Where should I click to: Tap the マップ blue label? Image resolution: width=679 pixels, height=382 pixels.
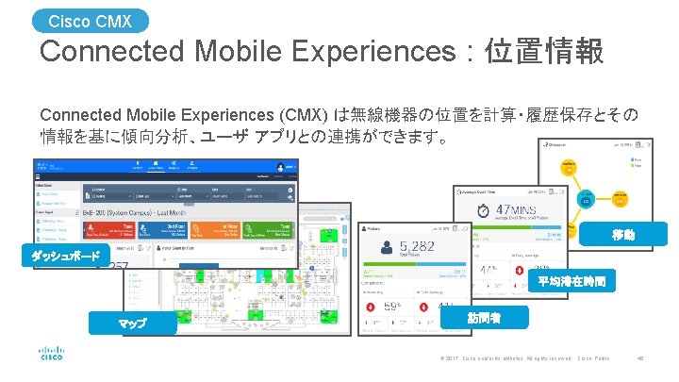point(132,324)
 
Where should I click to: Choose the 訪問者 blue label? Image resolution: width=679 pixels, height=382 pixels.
point(484,319)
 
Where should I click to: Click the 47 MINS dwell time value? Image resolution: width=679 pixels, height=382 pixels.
point(524,212)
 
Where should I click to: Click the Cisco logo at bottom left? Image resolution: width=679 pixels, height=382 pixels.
point(51,356)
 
